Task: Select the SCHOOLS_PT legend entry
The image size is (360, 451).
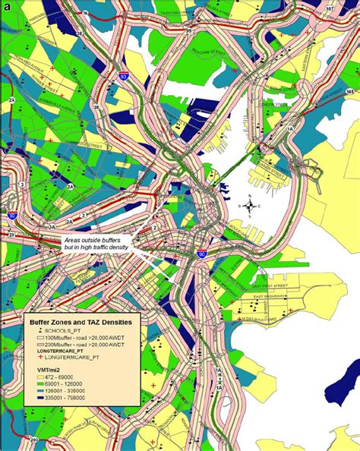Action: (x=59, y=333)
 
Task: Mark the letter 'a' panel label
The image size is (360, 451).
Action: (x=8, y=7)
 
